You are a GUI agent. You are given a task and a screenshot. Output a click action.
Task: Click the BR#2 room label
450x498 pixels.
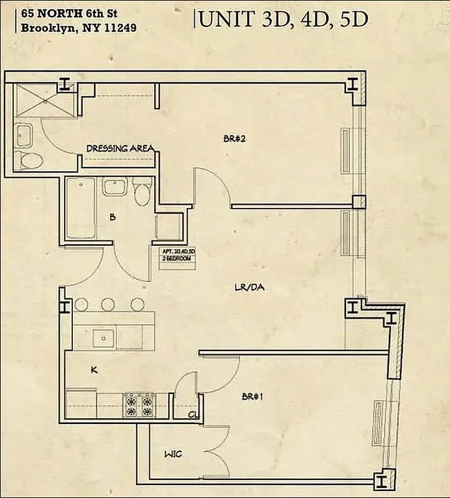[235, 139]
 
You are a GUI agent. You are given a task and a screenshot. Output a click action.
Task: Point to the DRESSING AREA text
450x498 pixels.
[120, 148]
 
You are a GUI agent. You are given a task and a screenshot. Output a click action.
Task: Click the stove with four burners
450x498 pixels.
[139, 404]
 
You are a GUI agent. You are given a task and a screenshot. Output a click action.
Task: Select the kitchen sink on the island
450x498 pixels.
[103, 337]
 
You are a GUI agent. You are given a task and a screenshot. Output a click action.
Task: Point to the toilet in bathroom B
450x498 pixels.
[143, 190]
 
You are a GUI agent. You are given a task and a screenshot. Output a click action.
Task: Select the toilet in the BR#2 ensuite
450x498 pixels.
[29, 161]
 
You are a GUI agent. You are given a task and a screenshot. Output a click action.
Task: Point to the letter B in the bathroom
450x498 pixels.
[112, 217]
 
